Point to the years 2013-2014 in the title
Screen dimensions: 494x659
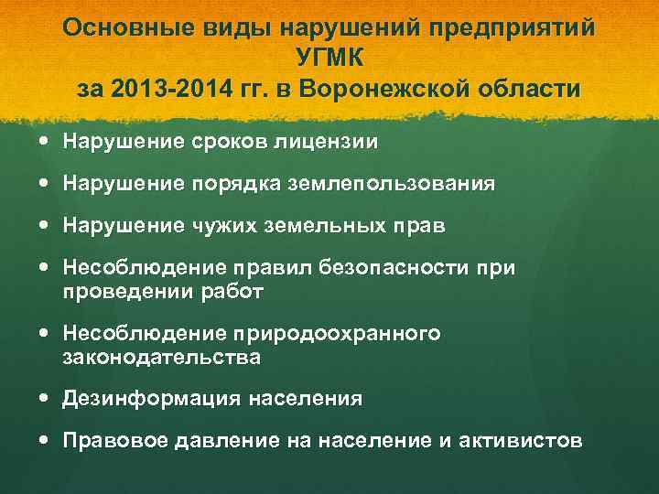160,90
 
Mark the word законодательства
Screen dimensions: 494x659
161,358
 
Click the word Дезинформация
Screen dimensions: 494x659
150,400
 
